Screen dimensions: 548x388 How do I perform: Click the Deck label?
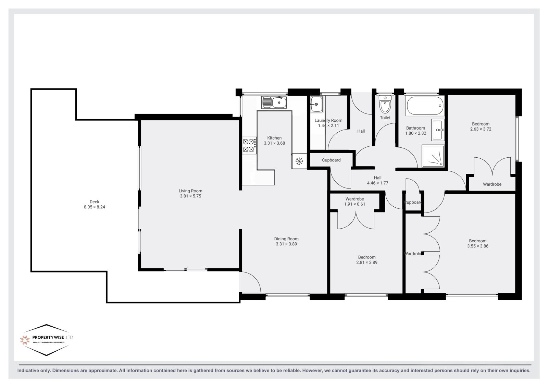pos(95,202)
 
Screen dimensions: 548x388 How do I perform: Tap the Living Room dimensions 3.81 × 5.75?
pos(190,196)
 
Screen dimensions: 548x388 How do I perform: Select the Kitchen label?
pos(274,138)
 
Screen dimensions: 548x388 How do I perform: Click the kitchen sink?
pos(274,102)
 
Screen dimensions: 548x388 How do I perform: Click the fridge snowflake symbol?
pos(299,161)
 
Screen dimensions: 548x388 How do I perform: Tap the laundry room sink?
pos(316,104)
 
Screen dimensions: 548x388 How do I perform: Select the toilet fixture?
pos(385,104)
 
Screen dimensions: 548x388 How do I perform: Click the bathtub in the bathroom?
pos(425,106)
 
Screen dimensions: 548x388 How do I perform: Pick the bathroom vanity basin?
pos(438,130)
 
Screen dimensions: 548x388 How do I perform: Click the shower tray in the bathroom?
pos(433,156)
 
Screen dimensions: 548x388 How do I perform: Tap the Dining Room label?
pos(286,239)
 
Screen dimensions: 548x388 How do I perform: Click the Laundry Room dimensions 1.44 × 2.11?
pos(328,125)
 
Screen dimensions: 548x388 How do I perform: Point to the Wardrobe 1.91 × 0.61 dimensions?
pos(354,204)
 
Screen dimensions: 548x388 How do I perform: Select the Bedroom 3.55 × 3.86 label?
pos(477,244)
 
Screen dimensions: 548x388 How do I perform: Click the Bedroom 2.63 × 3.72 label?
pos(481,126)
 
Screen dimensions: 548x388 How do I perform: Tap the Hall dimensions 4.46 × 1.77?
pos(377,183)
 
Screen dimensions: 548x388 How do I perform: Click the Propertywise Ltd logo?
pos(47,340)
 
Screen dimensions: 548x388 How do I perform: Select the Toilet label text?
pos(385,118)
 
